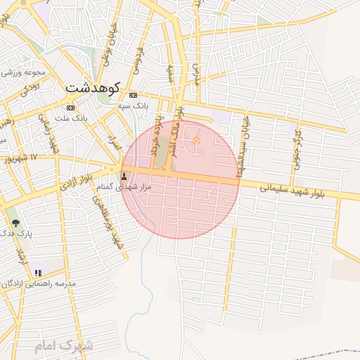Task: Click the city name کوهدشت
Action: click(92, 89)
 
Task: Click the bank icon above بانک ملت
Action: click(70, 108)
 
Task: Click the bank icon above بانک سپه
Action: click(133, 95)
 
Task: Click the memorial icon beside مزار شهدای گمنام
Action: click(126, 176)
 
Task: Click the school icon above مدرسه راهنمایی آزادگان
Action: click(39, 272)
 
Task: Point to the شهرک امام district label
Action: click(63, 346)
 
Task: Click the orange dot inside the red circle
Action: click(196, 141)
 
